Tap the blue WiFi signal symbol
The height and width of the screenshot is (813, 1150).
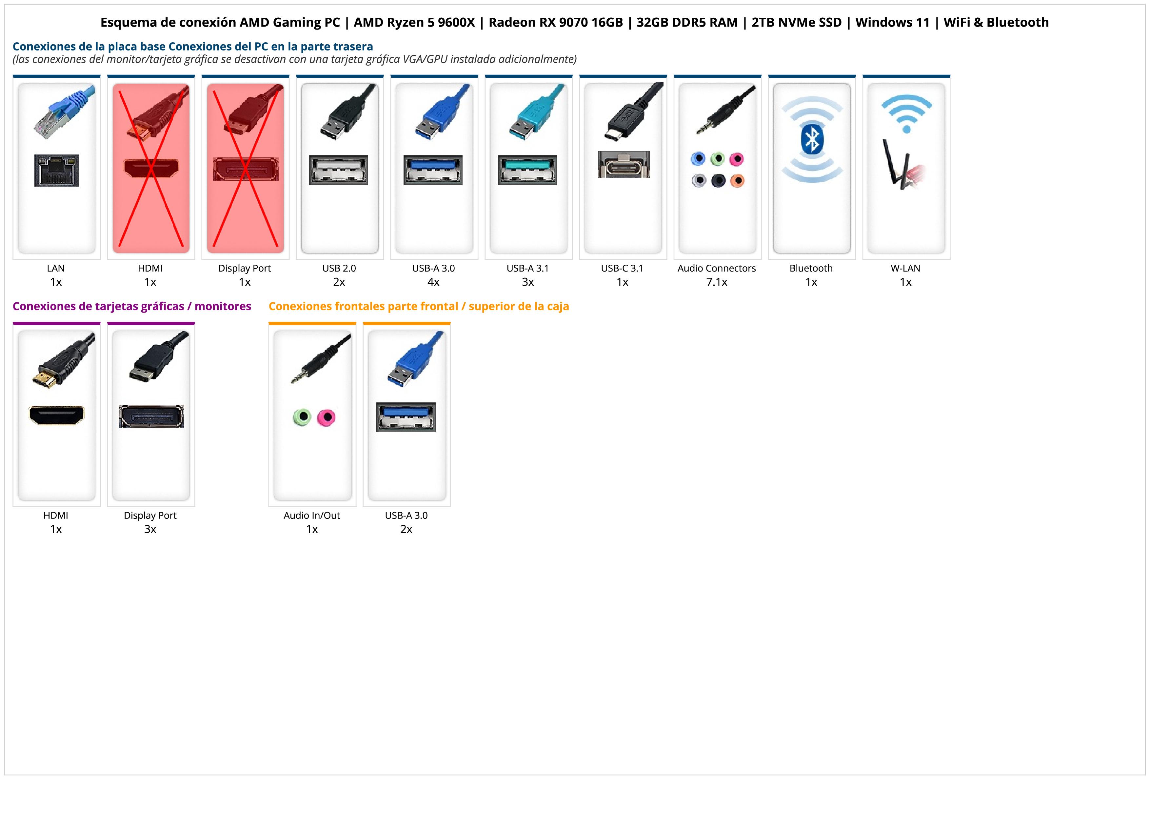pos(906,113)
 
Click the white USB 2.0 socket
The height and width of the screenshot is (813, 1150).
pos(339,170)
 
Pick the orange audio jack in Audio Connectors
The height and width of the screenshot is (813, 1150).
pos(737,180)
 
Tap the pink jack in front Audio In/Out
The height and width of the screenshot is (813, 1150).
pos(326,417)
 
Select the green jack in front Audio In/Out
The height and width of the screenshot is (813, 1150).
pos(302,417)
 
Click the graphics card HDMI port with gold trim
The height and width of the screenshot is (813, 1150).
pos(57,415)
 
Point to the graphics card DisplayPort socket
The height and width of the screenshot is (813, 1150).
pos(151,416)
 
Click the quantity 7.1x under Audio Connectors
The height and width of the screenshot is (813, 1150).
pos(716,282)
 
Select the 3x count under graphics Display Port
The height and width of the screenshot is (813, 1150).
pos(150,529)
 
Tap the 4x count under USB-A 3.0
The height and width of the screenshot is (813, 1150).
pos(433,282)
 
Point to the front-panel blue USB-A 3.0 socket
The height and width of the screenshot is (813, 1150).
pos(406,417)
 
